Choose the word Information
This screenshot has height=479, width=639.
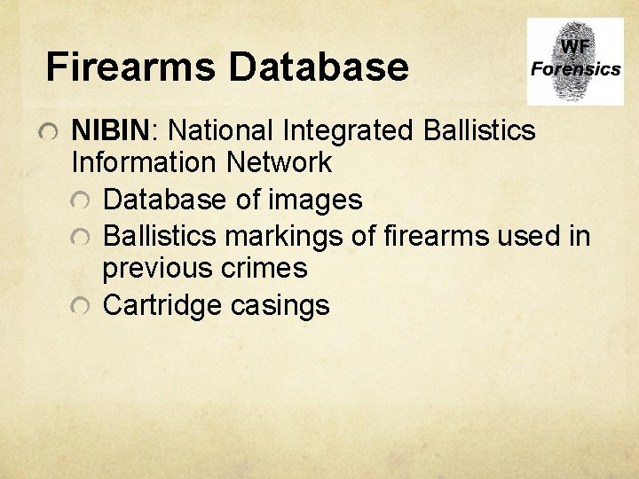tap(145, 163)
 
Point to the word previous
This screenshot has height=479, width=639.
tap(157, 268)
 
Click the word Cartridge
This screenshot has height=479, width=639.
tap(162, 305)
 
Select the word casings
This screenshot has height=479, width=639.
tap(280, 305)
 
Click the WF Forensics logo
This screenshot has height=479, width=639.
tap(574, 62)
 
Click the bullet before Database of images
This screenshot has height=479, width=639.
tap(81, 201)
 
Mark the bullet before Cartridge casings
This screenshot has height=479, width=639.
tap(81, 307)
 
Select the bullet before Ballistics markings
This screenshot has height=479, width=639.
tap(81, 238)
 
